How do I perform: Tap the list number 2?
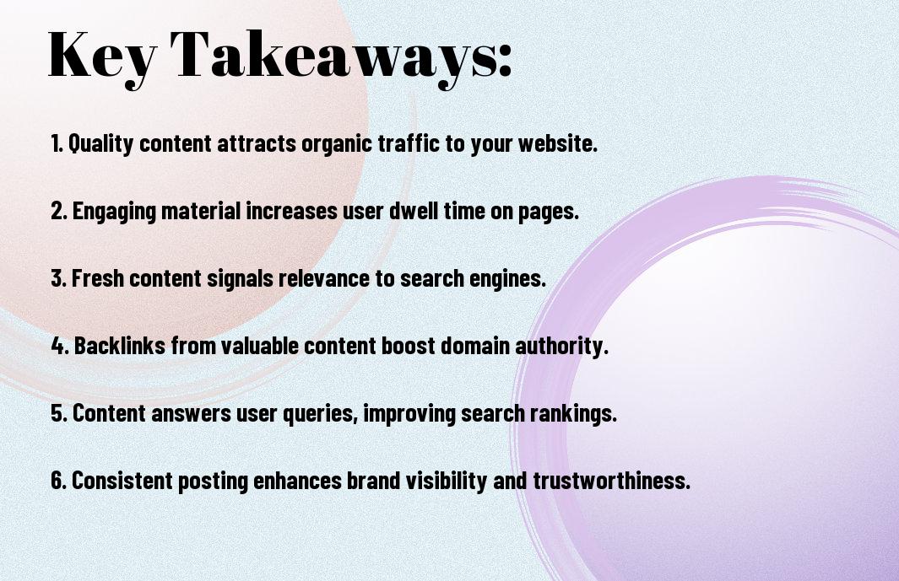point(58,211)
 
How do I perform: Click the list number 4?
point(60,346)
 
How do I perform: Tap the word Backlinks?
point(120,345)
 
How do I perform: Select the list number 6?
point(58,480)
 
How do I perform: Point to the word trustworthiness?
point(611,480)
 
